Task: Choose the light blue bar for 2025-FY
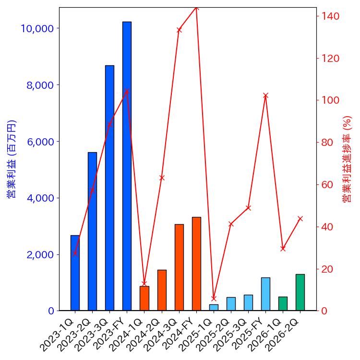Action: (265, 294)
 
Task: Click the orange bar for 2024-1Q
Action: (144, 298)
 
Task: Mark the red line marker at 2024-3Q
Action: (179, 30)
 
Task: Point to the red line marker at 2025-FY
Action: (265, 96)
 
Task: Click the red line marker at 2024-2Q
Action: (162, 178)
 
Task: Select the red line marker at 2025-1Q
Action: (214, 298)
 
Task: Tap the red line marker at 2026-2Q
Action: (300, 218)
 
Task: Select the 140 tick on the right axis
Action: (331, 16)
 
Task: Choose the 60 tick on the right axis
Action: (328, 185)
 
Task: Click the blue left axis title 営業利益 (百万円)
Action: (12, 158)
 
